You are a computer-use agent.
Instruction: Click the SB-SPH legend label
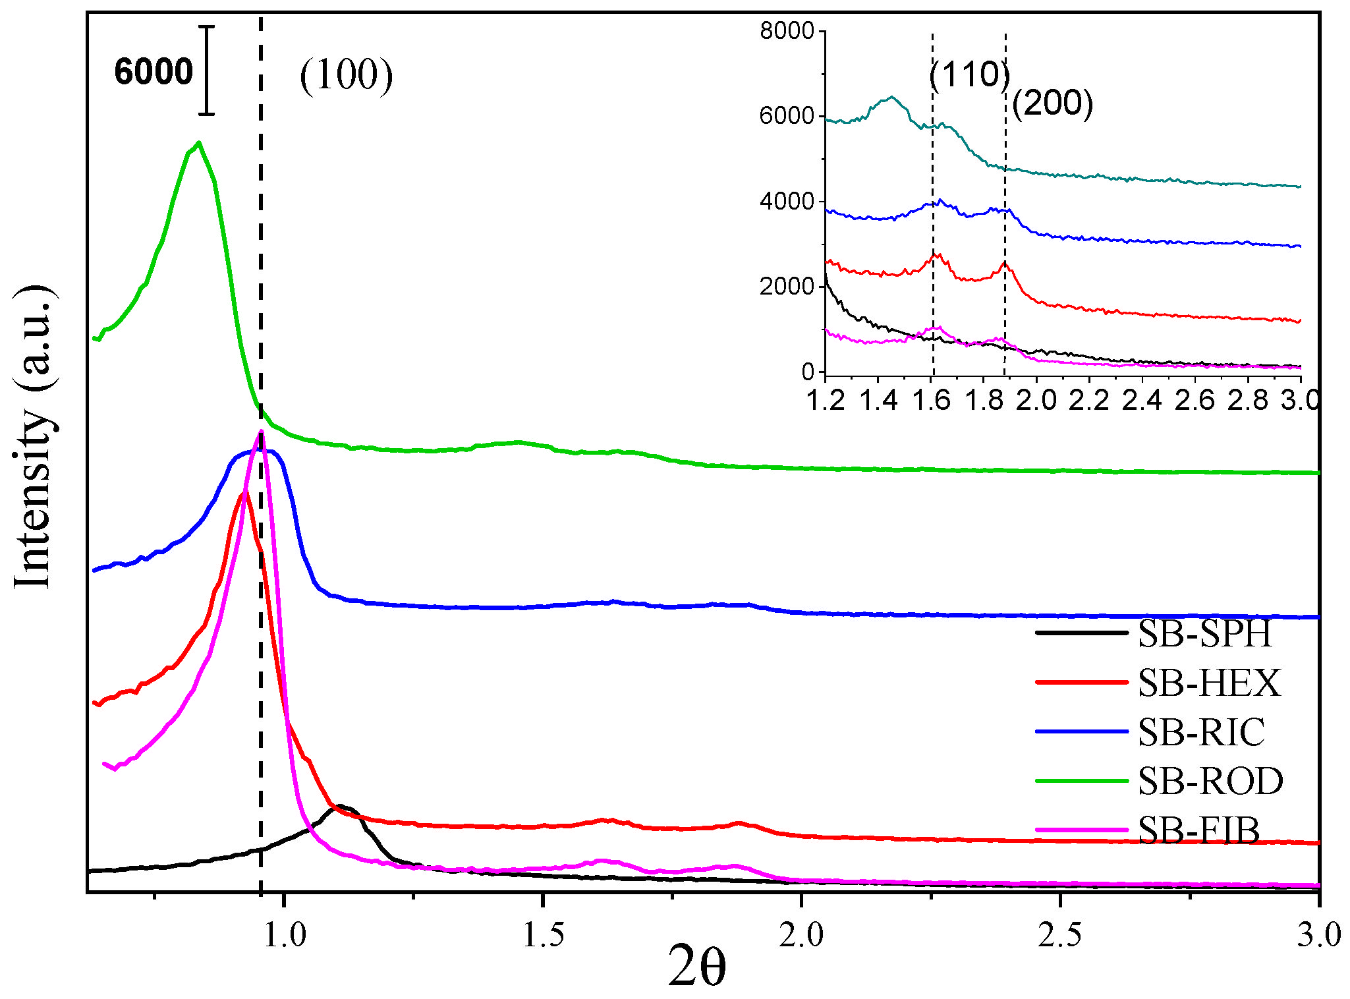tap(1204, 633)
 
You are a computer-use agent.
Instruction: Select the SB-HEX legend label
tap(1209, 683)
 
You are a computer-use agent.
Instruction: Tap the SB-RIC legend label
tap(1201, 732)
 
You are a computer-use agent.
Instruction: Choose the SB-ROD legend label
tap(1210, 782)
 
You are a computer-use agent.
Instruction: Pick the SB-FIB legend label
tap(1198, 830)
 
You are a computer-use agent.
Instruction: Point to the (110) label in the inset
tap(969, 74)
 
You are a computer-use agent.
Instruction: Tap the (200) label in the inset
tap(1052, 103)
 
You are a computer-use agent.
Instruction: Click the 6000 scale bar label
tap(153, 71)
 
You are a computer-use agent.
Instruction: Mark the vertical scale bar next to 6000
tap(207, 71)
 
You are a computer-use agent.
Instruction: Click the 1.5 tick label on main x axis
tap(542, 934)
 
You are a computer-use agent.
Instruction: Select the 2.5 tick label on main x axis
tap(1059, 934)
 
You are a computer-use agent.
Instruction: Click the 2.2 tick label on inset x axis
tap(1088, 399)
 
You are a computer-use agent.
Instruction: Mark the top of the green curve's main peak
tap(198, 142)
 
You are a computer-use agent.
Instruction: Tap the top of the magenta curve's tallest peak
tap(262, 432)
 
